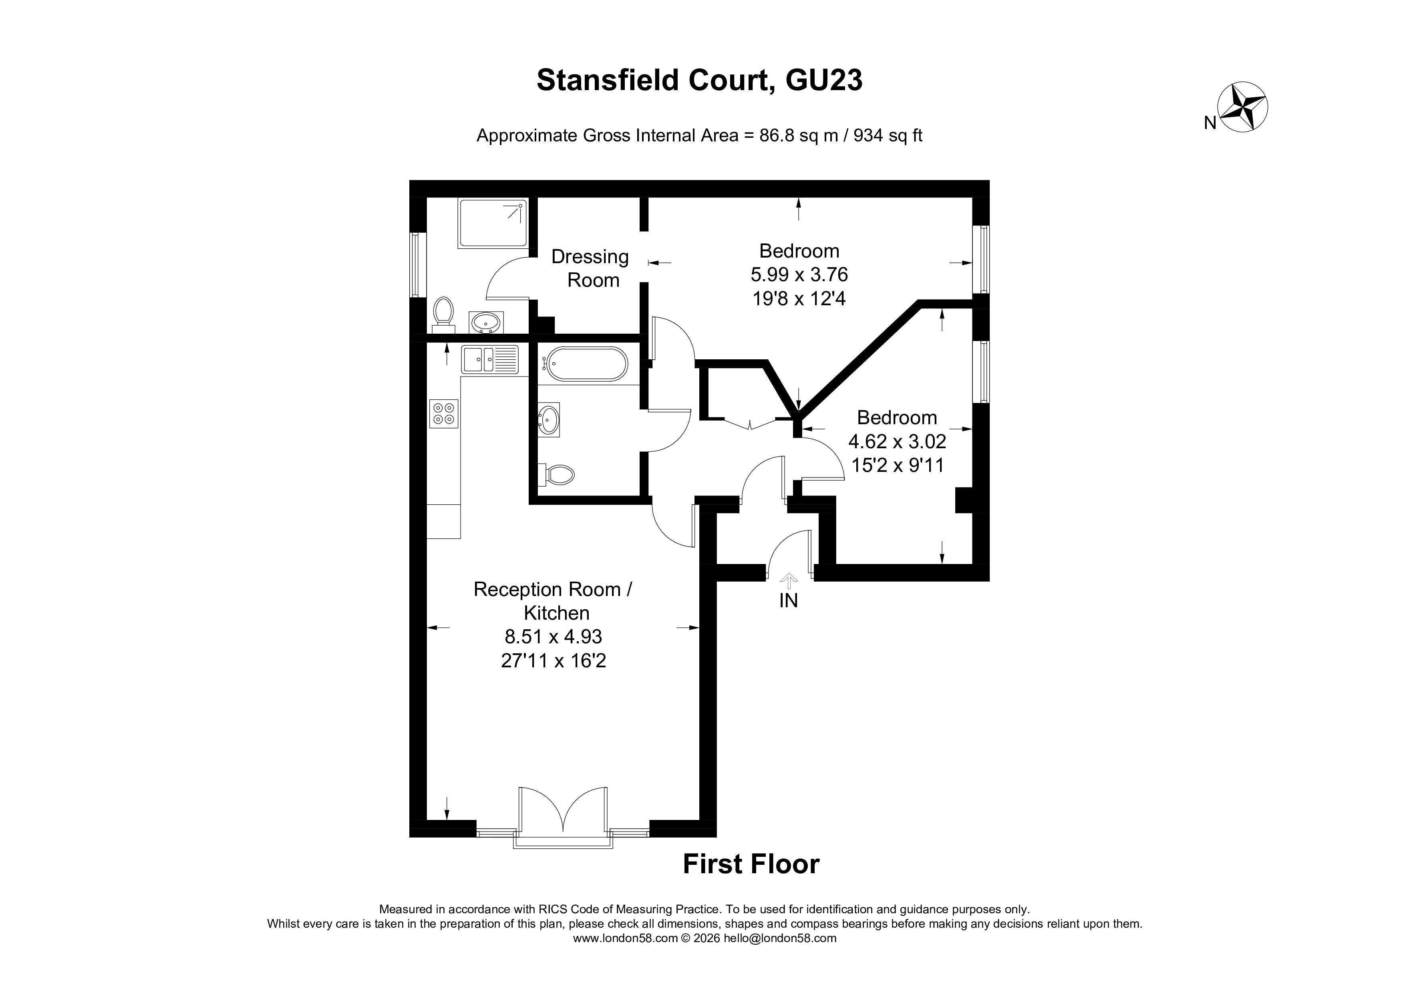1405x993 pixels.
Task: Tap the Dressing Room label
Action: coord(590,268)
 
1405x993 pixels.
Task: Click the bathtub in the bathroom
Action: coord(585,364)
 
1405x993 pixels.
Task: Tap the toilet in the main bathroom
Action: coord(557,474)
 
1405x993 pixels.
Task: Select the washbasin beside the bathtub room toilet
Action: coord(549,420)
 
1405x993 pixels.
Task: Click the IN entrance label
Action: coord(788,601)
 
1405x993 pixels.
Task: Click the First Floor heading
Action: coord(751,864)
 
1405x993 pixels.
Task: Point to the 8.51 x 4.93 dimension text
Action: coord(553,636)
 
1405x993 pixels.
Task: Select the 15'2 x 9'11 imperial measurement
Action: coord(898,465)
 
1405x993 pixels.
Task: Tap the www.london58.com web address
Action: coord(625,938)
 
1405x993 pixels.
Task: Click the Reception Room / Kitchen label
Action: coord(553,601)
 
